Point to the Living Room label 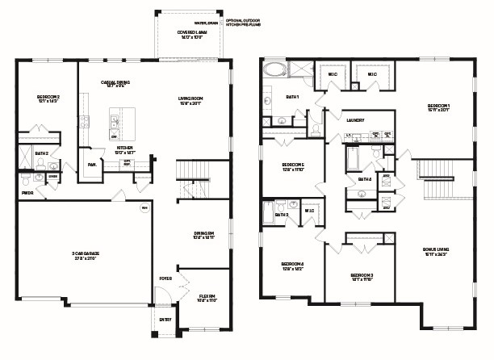click(190, 100)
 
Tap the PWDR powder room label click(27, 193)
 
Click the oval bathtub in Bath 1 click(273, 69)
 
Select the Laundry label click(356, 120)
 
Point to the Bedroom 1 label click(438, 107)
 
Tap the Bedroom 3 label click(362, 278)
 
